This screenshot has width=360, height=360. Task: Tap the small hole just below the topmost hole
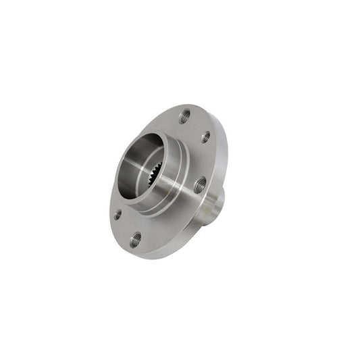205,136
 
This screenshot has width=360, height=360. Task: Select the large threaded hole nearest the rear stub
200,185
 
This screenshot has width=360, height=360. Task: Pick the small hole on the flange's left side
118,214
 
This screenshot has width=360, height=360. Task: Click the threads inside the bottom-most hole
136,239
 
